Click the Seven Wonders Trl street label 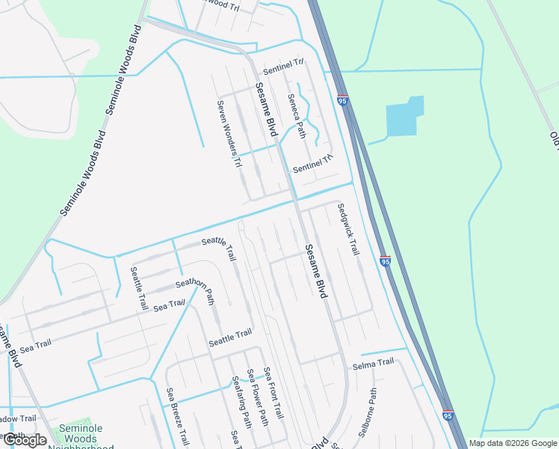[x=229, y=135]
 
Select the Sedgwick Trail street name [x=348, y=230]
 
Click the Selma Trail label [x=373, y=363]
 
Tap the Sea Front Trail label [x=274, y=393]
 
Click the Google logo [x=24, y=440]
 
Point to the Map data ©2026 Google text [x=513, y=443]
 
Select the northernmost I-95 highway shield [x=342, y=100]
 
